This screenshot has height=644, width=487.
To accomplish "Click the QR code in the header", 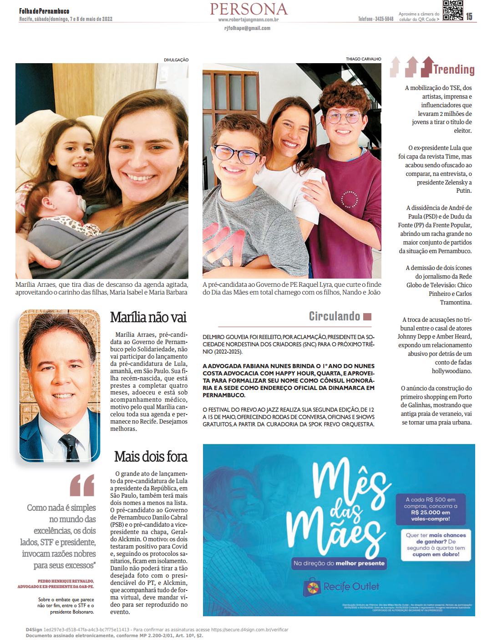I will (x=452, y=11).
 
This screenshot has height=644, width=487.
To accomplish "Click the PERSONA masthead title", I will (x=249, y=9).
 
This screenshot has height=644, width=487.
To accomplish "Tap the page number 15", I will (x=469, y=16).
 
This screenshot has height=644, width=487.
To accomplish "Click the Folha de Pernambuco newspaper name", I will (x=44, y=11).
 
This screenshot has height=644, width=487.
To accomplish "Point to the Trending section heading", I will (x=453, y=69).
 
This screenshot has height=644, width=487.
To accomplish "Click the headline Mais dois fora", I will (x=151, y=456).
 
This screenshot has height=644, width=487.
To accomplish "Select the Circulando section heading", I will (x=335, y=316).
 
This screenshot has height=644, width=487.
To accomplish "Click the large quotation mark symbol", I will (x=82, y=485).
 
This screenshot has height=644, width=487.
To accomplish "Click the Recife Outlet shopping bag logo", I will (x=313, y=586).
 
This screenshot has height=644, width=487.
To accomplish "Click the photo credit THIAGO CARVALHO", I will (x=363, y=59).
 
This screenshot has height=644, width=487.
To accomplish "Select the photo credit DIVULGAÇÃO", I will (x=176, y=60).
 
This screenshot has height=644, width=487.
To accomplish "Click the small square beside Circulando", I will (x=367, y=317).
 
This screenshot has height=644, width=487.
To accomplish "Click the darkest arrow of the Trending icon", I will (x=426, y=67).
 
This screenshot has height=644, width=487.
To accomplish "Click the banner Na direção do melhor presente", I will (x=339, y=564).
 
